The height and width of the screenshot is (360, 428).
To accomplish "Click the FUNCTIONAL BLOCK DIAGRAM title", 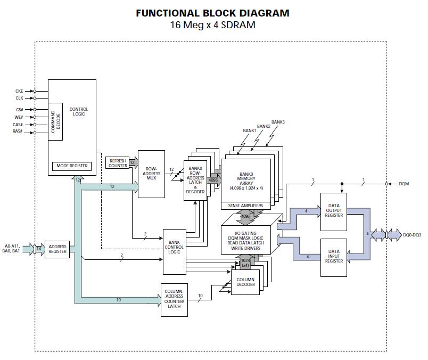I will click(213, 13).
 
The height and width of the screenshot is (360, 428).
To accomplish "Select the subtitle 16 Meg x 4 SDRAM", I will click(213, 25).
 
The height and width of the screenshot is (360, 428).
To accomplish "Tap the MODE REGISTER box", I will click(72, 166).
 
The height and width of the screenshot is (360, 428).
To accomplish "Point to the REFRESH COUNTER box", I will click(118, 162).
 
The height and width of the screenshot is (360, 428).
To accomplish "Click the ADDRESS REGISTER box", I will click(57, 249).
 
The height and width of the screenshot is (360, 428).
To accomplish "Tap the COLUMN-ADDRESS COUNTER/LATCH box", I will click(174, 299).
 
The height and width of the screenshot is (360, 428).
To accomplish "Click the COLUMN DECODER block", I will click(245, 282).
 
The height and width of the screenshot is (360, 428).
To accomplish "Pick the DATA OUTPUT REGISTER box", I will click(333, 212).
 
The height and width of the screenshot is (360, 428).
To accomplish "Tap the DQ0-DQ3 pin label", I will click(412, 235).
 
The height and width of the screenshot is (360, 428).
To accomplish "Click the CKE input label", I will click(19, 91).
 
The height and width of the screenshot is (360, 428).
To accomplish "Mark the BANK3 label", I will click(278, 122).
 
